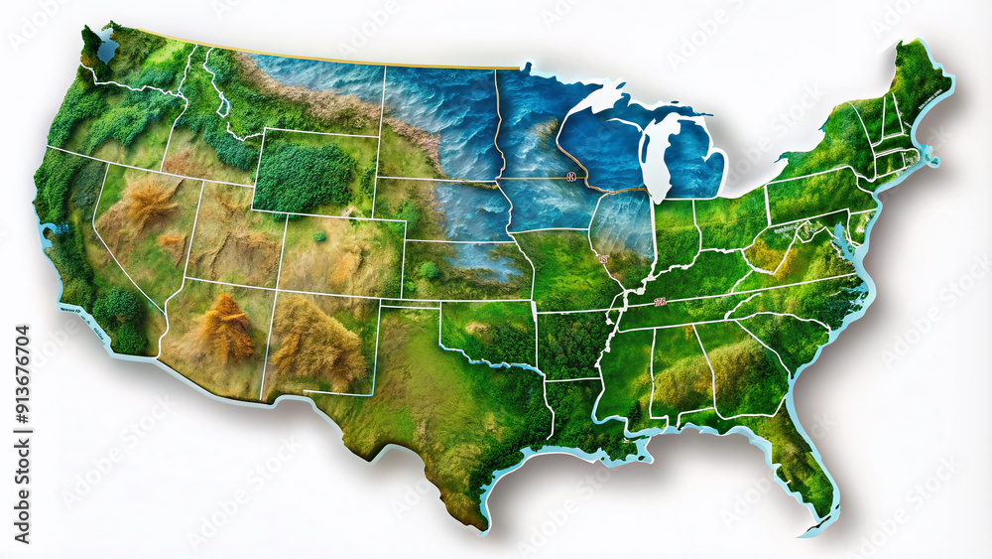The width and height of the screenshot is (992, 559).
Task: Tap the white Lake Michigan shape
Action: click(658, 159)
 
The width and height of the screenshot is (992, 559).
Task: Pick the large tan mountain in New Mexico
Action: click(315, 343)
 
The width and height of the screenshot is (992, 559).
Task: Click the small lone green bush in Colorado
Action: click(319, 236)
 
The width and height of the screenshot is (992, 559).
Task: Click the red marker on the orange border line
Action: click(571, 177)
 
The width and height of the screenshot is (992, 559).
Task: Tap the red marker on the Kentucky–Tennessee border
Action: click(659, 299)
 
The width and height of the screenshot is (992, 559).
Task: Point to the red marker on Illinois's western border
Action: click(602, 259)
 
